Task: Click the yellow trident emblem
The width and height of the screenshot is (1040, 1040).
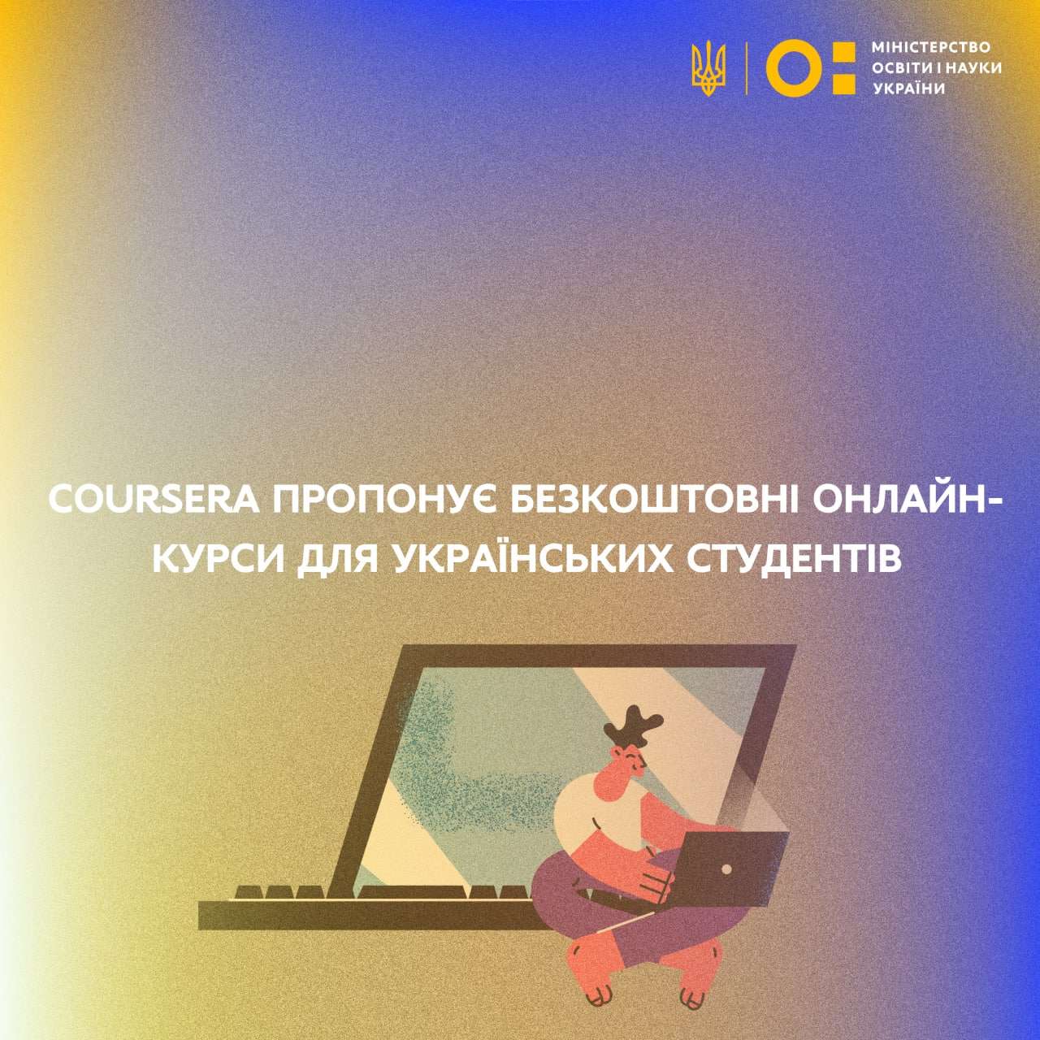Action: click(x=708, y=70)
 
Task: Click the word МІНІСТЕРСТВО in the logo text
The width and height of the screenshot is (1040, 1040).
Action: click(x=931, y=47)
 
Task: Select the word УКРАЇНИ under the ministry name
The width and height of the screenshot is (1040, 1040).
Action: click(x=909, y=89)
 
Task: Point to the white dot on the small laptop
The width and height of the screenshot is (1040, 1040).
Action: click(x=727, y=869)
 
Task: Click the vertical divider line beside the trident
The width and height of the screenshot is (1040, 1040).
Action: click(x=746, y=69)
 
